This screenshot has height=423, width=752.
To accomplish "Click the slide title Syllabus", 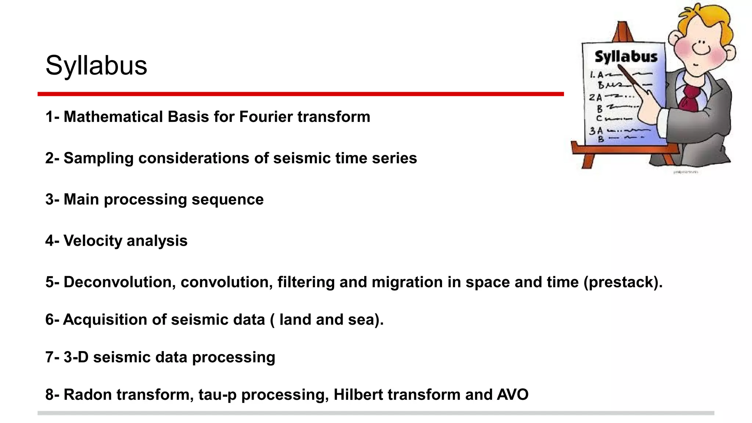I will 96,66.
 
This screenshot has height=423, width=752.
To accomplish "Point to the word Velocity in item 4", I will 93,241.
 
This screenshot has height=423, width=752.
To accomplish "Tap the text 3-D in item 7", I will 76,357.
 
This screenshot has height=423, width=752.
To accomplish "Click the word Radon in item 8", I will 88,395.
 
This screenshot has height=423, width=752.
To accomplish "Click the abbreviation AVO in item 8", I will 513,395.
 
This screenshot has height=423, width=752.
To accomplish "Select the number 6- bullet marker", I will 52,319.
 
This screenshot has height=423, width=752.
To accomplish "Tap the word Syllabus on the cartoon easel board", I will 626,57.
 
